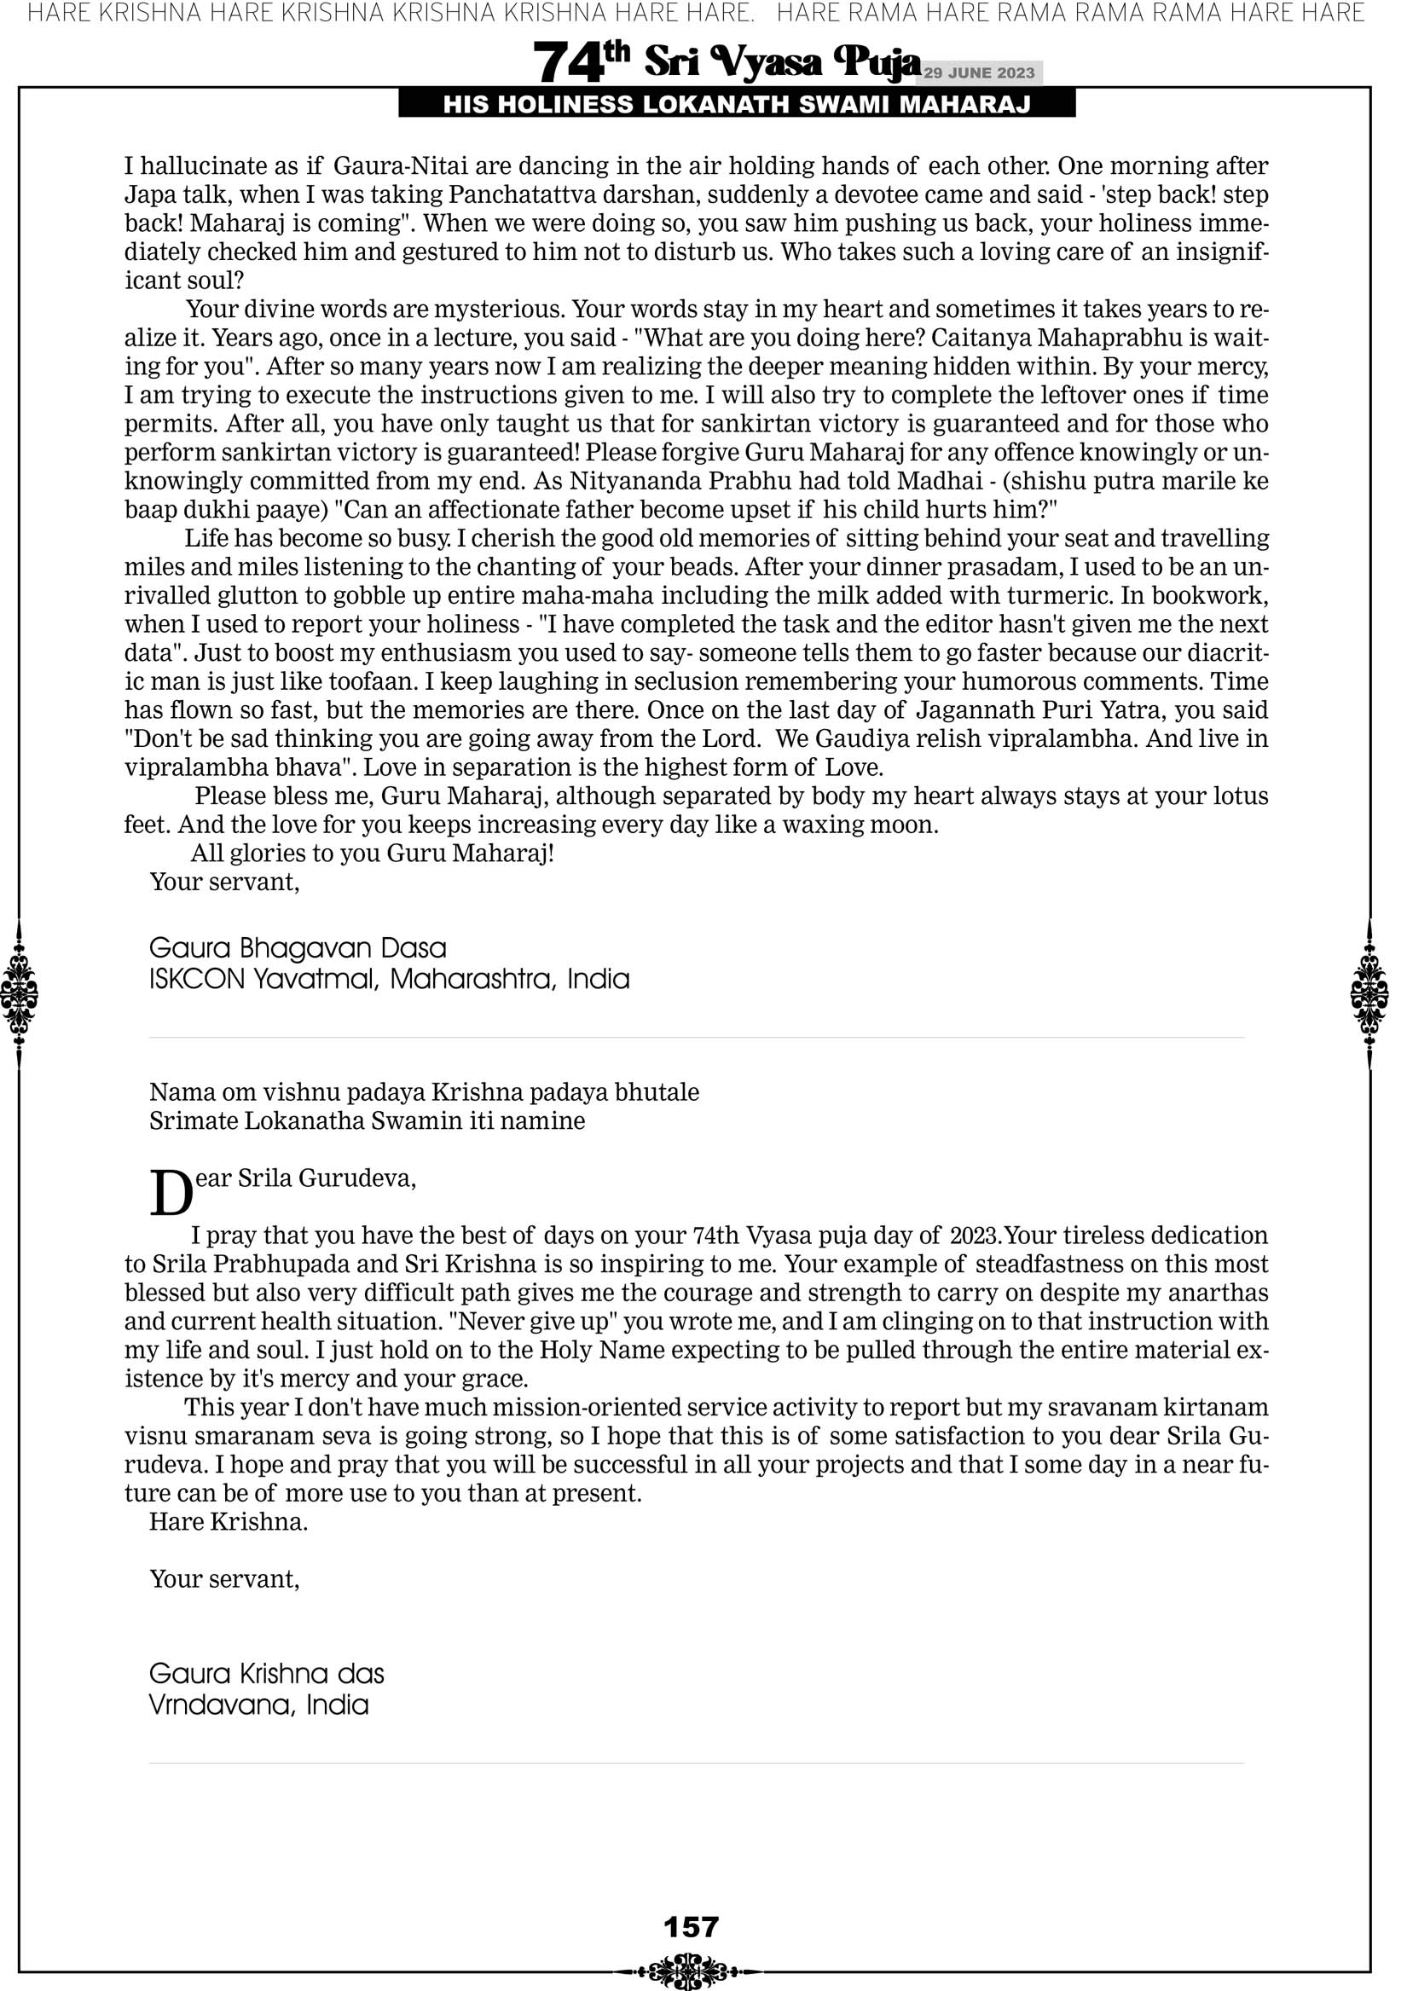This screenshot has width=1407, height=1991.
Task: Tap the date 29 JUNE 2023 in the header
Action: coord(978,72)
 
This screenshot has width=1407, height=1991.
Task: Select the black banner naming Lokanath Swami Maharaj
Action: coord(737,105)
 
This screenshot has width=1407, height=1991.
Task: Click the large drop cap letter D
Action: coord(171,1195)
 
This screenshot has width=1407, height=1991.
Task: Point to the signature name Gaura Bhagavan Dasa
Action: coord(298,948)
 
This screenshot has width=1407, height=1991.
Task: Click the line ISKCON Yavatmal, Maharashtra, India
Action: coord(389,979)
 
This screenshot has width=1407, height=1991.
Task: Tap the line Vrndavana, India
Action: coord(258,1704)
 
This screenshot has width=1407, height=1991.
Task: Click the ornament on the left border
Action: coord(19,993)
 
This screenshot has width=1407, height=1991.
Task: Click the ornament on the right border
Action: coord(1369,993)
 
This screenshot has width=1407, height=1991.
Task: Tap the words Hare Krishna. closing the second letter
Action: coord(229,1521)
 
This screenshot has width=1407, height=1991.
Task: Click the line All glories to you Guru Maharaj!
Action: coord(372,854)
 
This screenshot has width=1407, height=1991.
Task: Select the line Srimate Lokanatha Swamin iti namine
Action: coord(367,1120)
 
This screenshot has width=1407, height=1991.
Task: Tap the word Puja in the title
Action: coord(876,62)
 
